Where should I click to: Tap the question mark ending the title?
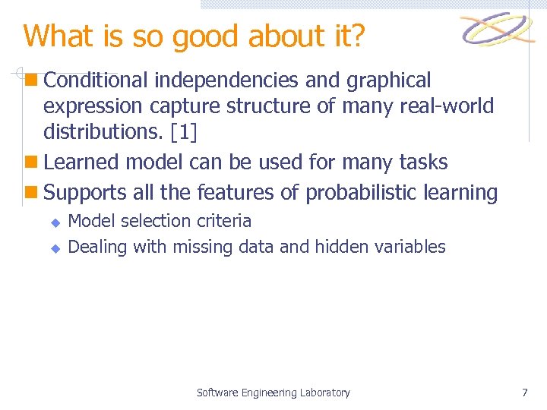[356, 36]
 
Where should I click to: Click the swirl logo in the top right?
[498, 30]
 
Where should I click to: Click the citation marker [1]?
[184, 133]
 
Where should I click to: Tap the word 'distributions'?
[105, 133]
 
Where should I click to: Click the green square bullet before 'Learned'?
[30, 162]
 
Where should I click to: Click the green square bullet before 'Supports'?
[30, 193]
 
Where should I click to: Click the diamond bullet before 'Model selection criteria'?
[55, 222]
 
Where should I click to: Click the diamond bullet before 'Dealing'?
[55, 248]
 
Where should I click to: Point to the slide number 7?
[524, 393]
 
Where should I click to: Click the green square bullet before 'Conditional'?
[30, 80]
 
